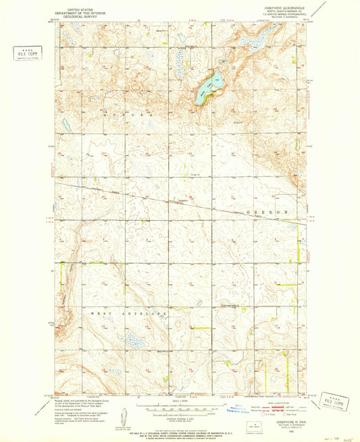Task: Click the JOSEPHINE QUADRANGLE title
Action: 270,8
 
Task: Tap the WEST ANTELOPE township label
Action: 126,314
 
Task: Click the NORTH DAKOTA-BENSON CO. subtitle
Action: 270,12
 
